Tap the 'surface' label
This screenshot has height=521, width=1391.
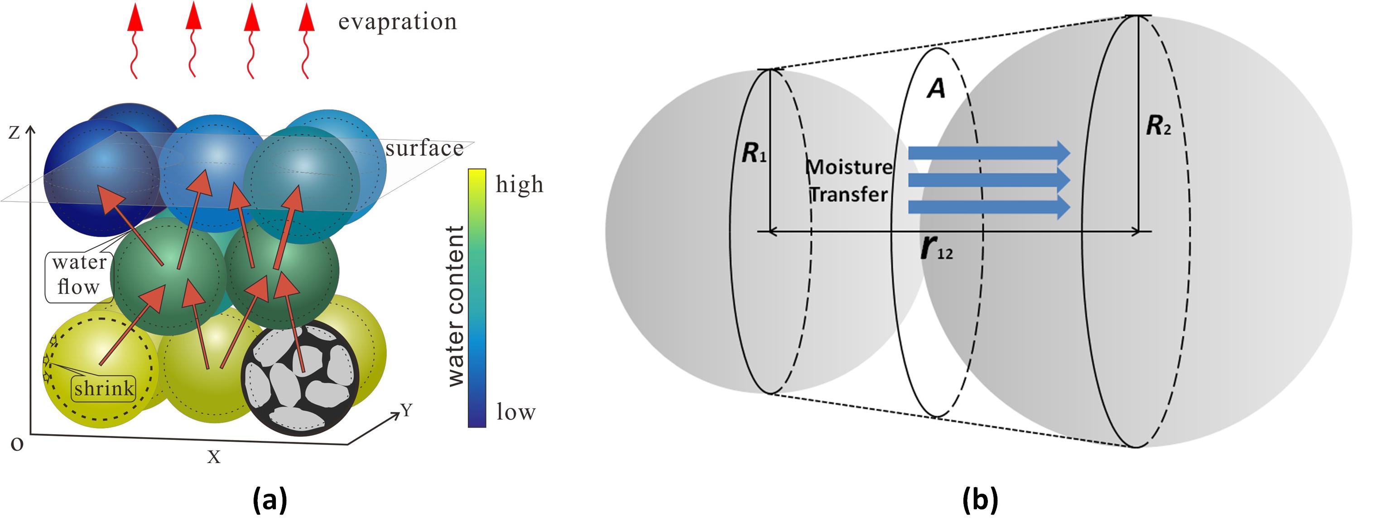coord(424,148)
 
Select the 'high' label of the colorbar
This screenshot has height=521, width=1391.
coord(519,185)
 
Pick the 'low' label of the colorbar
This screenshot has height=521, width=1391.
coord(516,412)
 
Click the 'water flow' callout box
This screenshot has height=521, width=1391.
coord(79,275)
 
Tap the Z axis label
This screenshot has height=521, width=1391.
coord(14,133)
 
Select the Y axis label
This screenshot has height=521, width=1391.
coord(407,411)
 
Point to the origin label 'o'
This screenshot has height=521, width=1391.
coord(17,445)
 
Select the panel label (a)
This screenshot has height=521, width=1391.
coord(270,499)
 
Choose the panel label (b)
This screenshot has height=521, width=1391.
coord(980,499)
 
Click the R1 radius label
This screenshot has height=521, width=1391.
coord(753,153)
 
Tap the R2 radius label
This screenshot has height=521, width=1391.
coord(1159,126)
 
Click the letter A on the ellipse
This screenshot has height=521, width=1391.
coord(936,88)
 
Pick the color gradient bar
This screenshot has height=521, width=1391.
coord(477,298)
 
